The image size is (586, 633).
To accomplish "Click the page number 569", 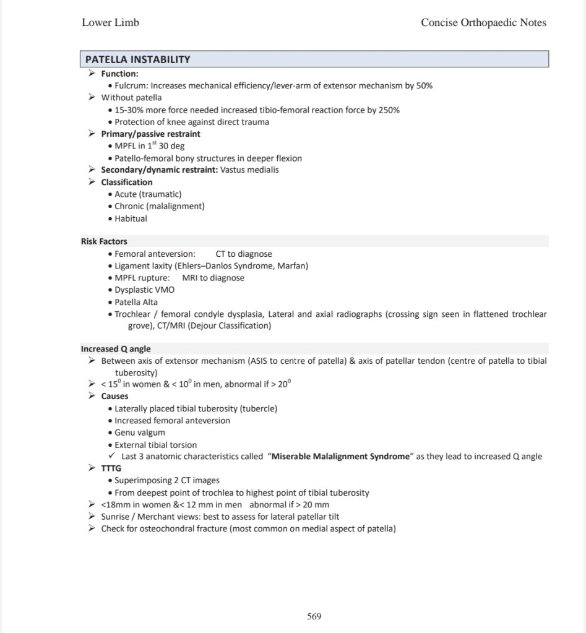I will pos(314,616).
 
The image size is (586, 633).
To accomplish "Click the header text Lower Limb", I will pos(110,23).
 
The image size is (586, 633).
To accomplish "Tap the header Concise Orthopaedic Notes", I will pos(483,23).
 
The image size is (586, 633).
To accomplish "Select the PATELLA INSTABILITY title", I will pos(137,59).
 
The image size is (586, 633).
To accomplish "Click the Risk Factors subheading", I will pos(104,241).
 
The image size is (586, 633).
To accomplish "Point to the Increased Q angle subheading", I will pos(116,349).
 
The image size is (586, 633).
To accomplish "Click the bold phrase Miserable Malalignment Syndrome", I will pos(341,457).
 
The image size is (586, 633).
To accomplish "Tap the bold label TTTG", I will pos(111,468).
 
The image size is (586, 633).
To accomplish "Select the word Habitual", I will pos(131,218).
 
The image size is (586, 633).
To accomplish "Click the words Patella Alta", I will pos(136,302).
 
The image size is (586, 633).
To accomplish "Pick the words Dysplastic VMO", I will pos(145,290).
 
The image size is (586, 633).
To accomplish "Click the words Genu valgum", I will pos(140,433).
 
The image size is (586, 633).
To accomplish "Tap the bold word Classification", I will pos(127,182).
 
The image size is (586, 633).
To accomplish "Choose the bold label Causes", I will pos(115,396).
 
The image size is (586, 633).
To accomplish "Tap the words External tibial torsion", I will pos(156,445).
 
